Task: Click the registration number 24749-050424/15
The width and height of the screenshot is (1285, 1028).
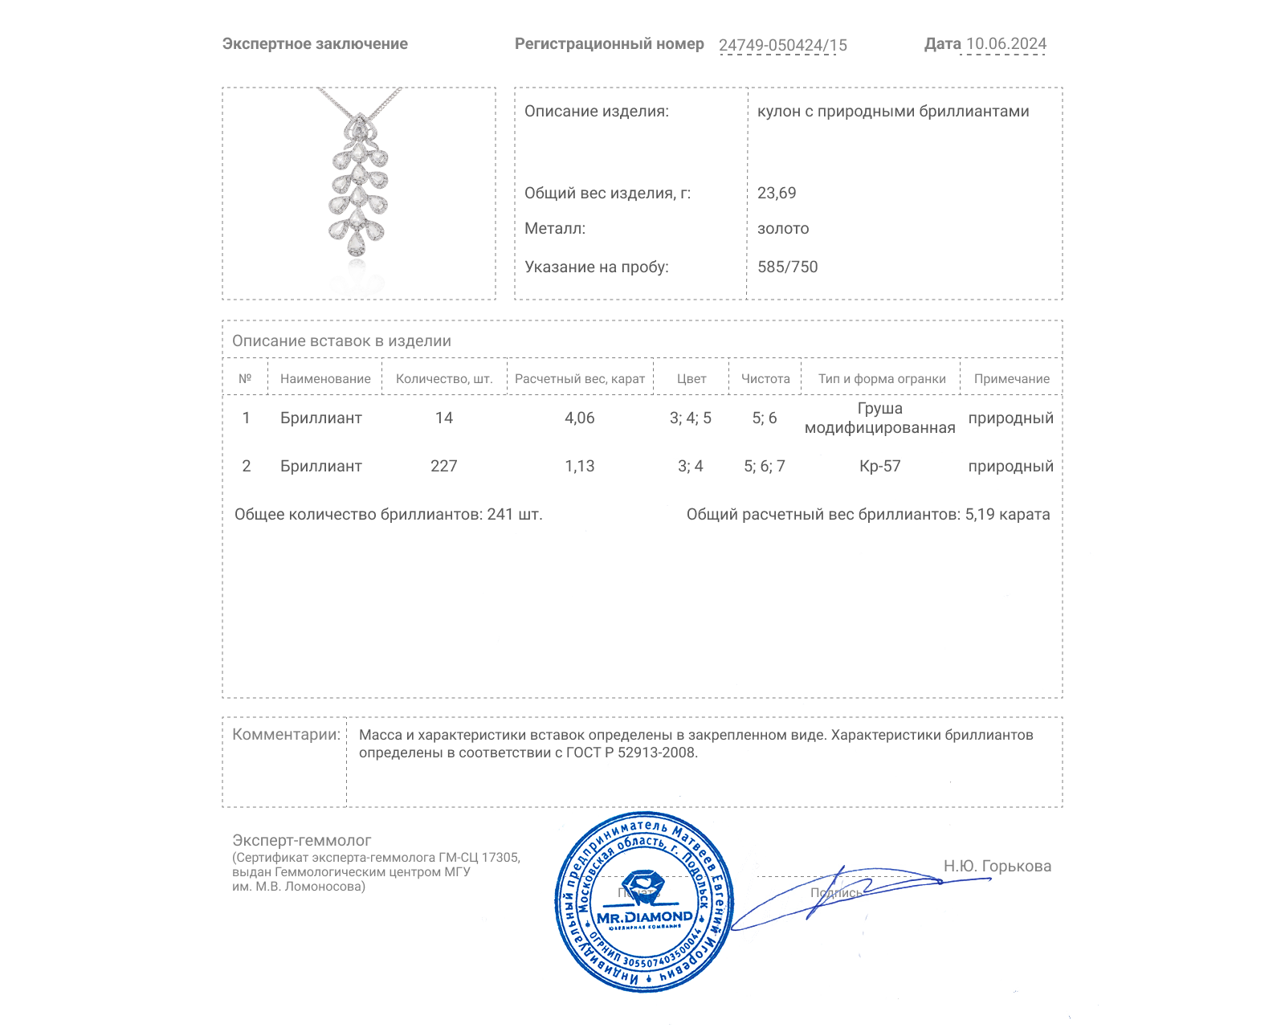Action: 782,45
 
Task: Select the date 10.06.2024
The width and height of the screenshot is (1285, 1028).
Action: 1006,44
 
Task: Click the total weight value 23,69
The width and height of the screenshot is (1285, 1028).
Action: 777,193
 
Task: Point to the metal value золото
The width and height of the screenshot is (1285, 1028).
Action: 783,228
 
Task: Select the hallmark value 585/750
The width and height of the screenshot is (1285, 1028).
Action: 787,267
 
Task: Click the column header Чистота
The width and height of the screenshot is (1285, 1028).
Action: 765,379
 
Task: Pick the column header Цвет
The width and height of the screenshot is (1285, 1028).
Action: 691,379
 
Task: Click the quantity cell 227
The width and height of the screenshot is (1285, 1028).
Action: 443,466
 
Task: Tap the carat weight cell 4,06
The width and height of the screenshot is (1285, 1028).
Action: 579,418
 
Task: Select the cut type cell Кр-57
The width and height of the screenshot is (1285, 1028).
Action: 879,466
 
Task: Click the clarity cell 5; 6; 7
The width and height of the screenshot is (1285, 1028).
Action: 764,466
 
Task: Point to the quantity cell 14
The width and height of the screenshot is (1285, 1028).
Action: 443,418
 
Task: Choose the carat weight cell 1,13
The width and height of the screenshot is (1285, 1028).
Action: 579,466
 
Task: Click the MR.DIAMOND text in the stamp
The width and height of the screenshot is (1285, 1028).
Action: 644,916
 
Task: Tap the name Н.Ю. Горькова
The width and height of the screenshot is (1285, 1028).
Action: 997,866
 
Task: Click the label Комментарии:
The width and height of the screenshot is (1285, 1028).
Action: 286,734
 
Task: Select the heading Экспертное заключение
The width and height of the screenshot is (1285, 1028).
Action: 315,44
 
